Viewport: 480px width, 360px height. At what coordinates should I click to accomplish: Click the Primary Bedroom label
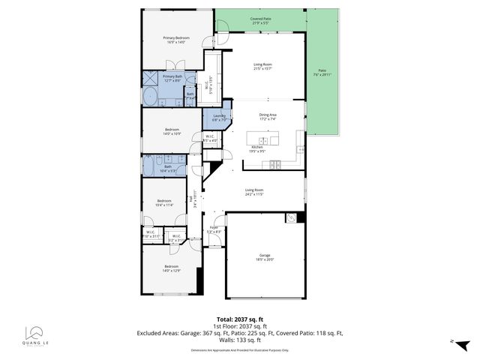(x=176, y=40)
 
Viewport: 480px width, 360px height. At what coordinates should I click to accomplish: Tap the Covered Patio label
(x=260, y=20)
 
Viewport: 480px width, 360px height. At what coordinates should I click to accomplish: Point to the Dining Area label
(x=268, y=116)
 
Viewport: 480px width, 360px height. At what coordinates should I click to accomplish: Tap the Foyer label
(x=214, y=229)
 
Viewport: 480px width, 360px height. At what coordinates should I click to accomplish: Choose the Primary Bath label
(x=172, y=78)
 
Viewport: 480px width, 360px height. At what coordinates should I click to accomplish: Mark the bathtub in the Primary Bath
(x=150, y=97)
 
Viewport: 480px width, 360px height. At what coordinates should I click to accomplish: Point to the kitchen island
(x=263, y=139)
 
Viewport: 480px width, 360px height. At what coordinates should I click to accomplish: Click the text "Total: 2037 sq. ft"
(x=239, y=318)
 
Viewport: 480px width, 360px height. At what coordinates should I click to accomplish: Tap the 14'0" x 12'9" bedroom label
(x=172, y=268)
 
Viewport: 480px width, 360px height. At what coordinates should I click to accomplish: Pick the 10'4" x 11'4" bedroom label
(x=164, y=202)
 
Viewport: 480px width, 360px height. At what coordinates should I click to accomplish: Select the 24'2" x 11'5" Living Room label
(x=254, y=192)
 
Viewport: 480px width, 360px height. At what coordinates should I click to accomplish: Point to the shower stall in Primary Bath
(x=149, y=78)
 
